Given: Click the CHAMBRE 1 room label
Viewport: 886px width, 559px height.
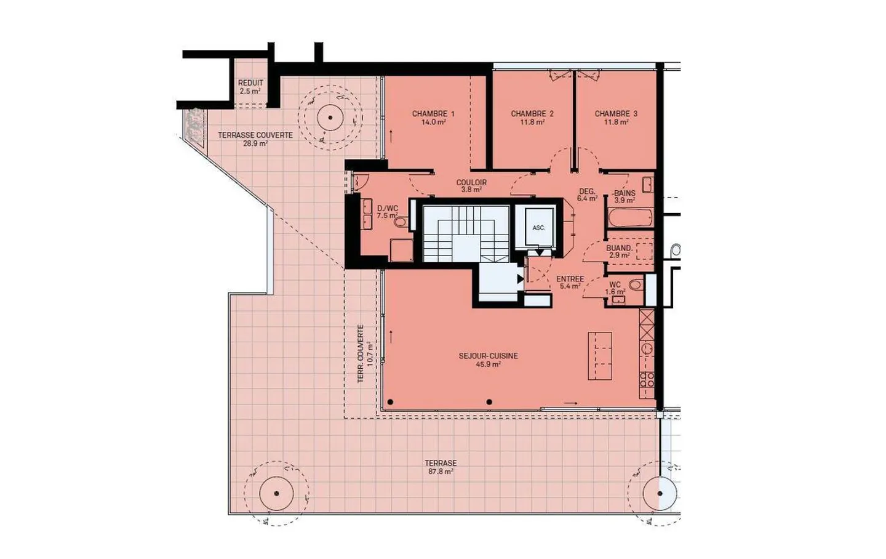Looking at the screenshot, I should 433,114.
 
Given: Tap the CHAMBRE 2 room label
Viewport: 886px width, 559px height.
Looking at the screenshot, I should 532,114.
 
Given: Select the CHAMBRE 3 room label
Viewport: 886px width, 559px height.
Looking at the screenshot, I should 615,114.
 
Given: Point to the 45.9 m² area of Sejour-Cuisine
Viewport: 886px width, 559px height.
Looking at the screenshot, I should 488,364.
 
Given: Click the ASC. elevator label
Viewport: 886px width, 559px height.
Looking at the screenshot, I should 538,228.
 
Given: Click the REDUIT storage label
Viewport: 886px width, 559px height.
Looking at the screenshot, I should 250,83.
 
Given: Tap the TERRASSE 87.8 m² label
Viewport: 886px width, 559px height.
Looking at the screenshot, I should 441,467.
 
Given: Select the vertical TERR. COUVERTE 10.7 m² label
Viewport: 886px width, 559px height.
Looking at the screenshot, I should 365,353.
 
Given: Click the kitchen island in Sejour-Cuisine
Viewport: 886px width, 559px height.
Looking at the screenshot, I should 600,356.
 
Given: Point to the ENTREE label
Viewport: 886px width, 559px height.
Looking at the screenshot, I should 570,279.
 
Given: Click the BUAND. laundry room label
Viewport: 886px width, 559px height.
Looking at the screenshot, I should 619,249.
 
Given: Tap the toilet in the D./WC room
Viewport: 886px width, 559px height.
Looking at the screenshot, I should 401,222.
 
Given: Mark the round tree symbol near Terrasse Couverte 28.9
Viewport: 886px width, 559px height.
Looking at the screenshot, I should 330,118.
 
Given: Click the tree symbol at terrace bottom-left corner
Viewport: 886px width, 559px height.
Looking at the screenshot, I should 276,493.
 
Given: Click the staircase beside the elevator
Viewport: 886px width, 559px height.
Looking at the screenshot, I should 466,233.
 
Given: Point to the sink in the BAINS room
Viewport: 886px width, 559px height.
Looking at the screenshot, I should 647,184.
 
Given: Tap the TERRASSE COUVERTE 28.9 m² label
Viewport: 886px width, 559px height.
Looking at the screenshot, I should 255,139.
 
